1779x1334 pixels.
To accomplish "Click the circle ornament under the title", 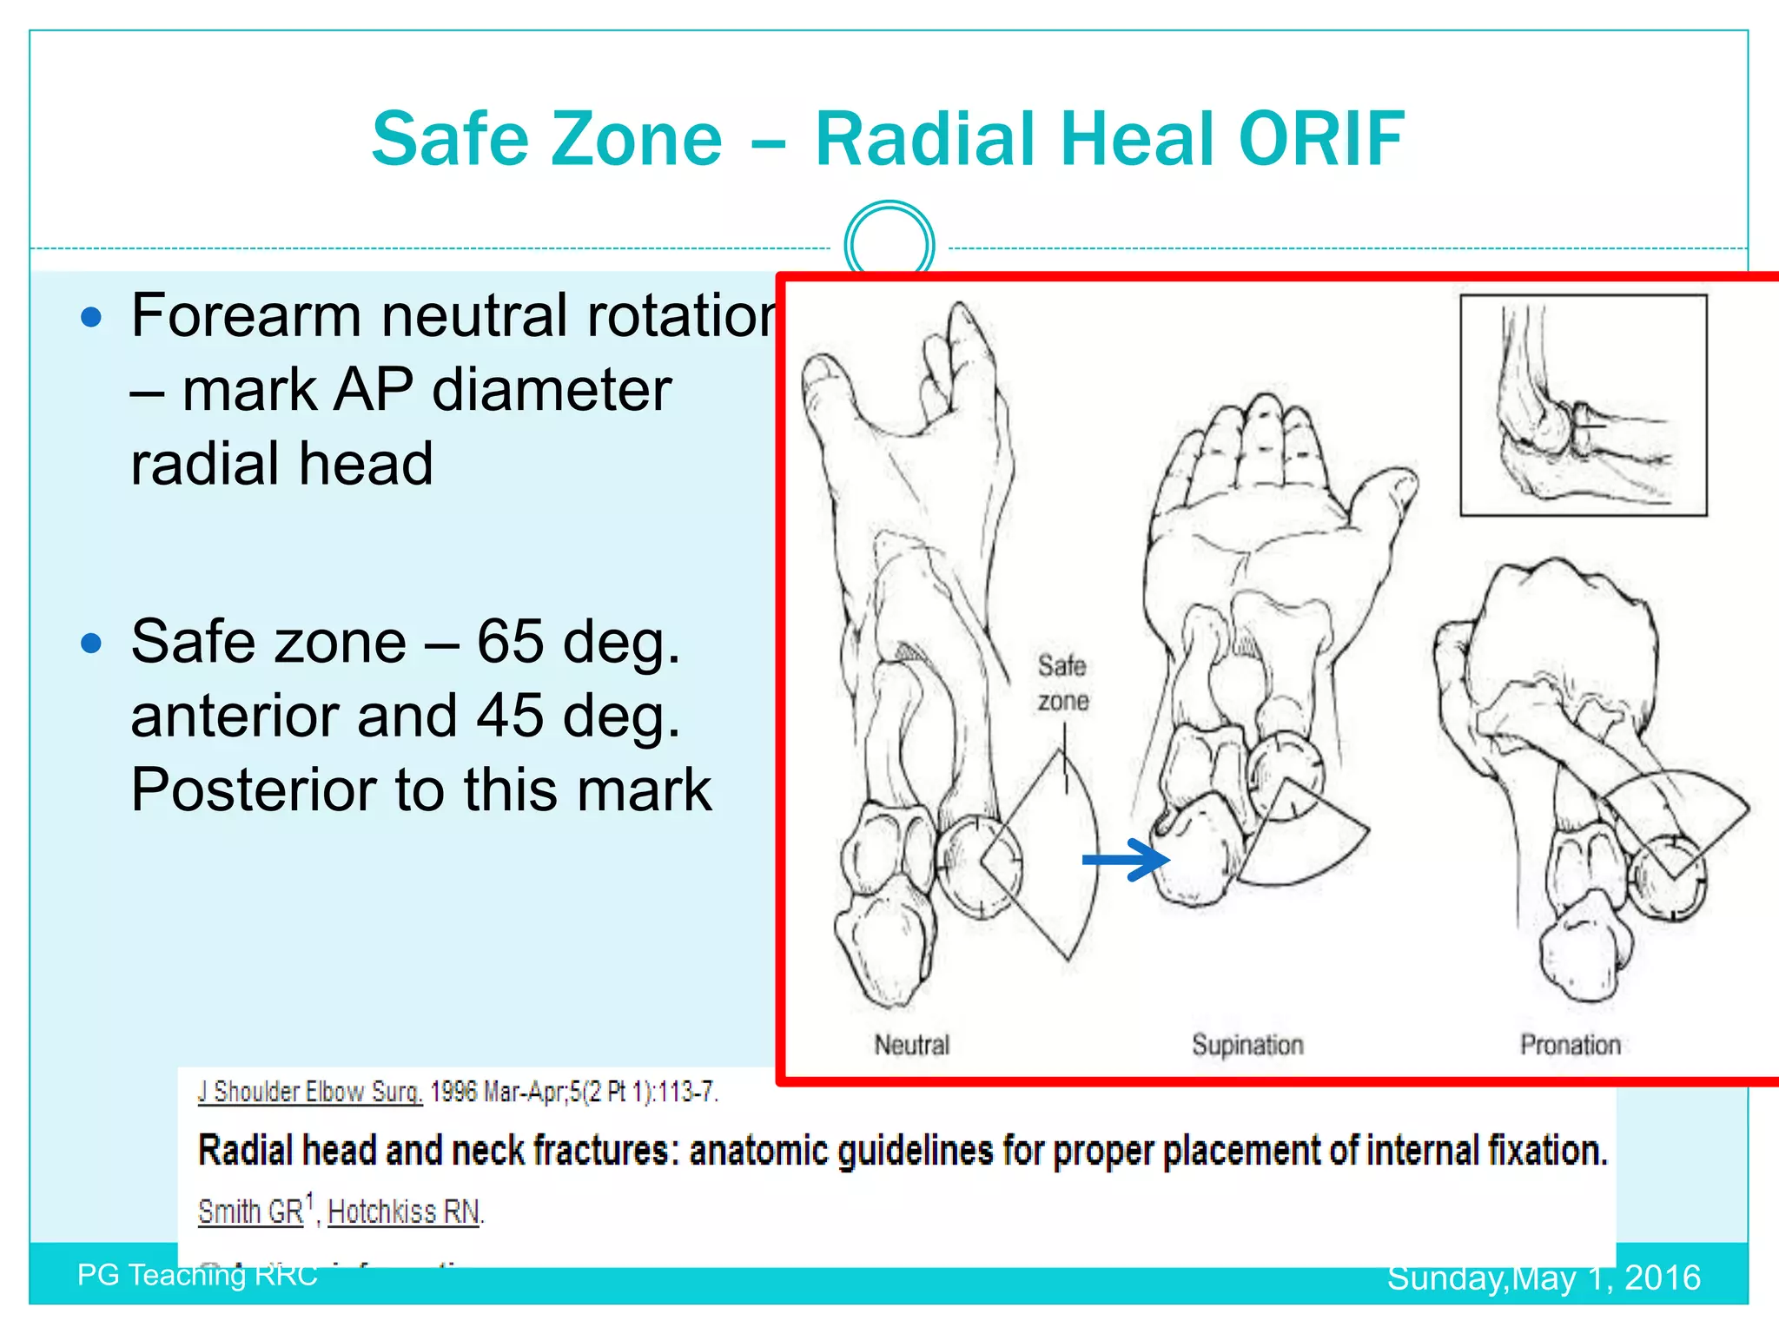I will [889, 246].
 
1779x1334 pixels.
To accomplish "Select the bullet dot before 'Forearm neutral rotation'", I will [91, 317].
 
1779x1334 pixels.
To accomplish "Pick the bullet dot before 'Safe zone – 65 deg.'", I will [91, 644].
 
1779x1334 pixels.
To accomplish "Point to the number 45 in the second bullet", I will [510, 717].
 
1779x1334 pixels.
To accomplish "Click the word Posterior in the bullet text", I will [252, 790].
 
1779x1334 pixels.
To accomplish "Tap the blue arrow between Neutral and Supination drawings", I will [1125, 860].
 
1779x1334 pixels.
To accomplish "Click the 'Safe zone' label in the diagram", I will [1062, 684].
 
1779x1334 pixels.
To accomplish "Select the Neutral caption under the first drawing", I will [911, 1045].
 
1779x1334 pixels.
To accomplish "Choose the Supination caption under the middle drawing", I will [1247, 1045].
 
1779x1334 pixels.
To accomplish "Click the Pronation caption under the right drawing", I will [1571, 1045].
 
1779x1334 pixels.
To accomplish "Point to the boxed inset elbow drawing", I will [1583, 406].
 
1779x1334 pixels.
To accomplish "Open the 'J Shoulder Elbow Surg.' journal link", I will [309, 1092].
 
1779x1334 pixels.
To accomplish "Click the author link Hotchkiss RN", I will [404, 1211].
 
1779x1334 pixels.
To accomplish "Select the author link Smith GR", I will [251, 1211].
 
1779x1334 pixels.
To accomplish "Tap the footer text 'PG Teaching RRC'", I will [197, 1275].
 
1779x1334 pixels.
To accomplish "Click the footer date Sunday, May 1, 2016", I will [1543, 1278].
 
